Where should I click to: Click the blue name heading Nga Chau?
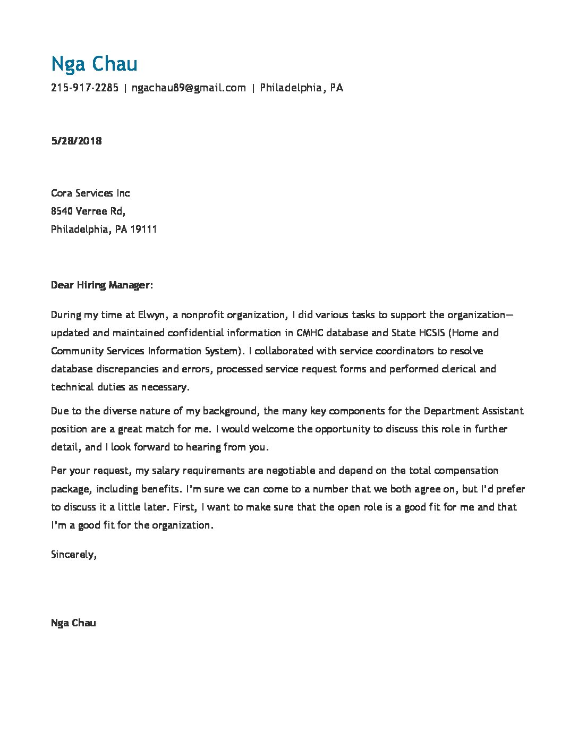pos(94,64)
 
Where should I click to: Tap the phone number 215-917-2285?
pos(84,88)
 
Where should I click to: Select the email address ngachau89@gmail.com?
pos(189,88)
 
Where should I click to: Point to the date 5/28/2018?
pos(76,141)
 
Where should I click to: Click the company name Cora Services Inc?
pos(90,193)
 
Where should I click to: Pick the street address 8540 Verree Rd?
pos(88,211)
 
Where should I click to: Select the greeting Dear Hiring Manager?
pos(100,285)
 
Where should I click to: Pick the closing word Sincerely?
pos(73,554)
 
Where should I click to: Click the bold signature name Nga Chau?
pos(73,623)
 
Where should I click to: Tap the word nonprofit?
pos(202,314)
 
